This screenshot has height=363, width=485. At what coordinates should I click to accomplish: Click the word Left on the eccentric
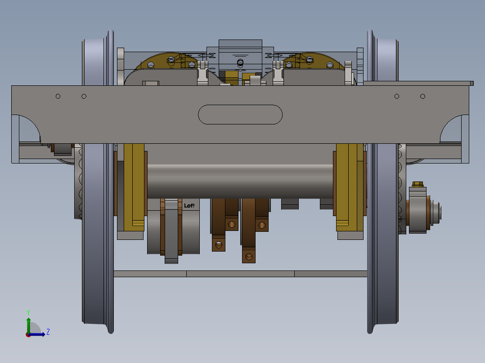pos(189,205)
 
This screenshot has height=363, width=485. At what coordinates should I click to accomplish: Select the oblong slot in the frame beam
pos(240,115)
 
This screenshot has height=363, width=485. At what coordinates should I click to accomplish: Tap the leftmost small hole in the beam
pos(58,96)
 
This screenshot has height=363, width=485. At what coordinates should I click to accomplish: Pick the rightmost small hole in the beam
pos(422,96)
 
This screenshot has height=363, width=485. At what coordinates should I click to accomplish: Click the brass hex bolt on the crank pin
pos(418,184)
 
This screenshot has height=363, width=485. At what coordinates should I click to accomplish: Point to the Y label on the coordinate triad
pos(28,312)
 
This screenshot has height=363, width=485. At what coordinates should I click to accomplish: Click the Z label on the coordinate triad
pos(48,332)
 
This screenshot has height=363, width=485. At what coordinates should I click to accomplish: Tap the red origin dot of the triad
pos(28,334)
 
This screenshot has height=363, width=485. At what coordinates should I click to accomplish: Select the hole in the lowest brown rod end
pos(249,257)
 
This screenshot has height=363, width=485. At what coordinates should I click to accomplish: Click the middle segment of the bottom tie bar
pos(240,274)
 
